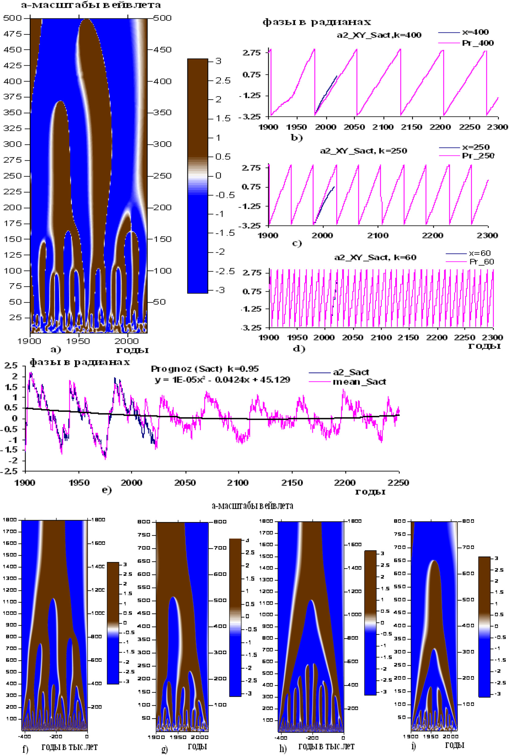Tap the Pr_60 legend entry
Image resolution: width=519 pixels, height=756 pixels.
click(x=482, y=262)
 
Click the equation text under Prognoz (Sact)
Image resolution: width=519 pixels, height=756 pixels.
click(x=222, y=380)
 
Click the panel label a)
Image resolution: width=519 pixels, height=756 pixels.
click(x=56, y=350)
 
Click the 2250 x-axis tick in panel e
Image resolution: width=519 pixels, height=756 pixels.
click(x=399, y=483)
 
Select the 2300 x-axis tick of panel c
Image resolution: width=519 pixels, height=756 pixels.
click(x=487, y=235)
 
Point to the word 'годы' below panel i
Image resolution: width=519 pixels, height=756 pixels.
click(x=454, y=745)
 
